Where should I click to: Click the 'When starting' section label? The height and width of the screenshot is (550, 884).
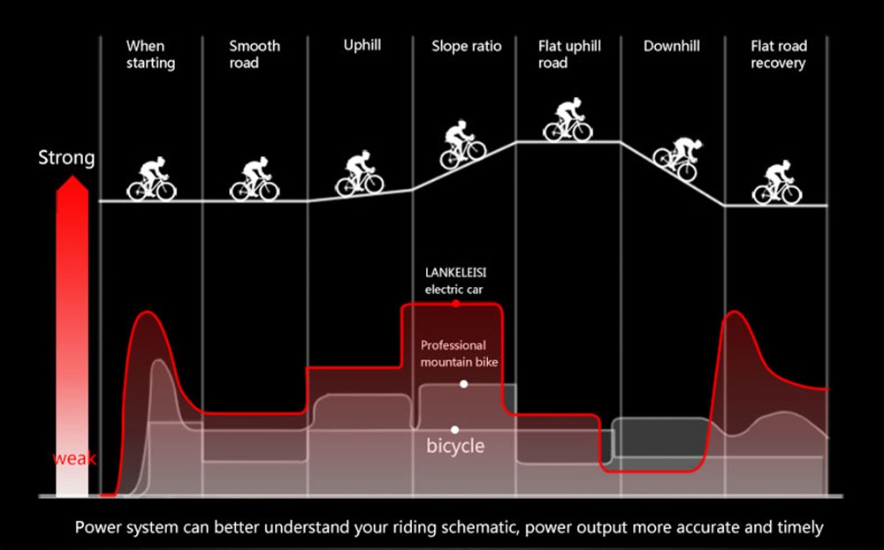click(150, 54)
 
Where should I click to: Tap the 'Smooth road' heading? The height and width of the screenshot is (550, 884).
click(255, 54)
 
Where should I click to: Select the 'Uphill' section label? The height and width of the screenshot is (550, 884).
click(362, 46)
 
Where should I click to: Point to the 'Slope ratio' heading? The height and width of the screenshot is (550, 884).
click(466, 46)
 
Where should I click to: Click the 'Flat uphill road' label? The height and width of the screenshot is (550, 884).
click(569, 54)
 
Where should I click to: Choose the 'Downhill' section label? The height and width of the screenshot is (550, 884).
click(672, 46)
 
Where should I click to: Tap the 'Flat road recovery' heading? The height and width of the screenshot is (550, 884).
click(779, 54)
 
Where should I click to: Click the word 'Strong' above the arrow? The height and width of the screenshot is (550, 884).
click(66, 158)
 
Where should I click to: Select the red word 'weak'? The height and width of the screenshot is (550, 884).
click(74, 459)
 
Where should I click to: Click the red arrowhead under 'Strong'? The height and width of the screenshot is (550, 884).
click(72, 185)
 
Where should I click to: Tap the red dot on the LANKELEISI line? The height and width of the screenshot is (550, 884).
click(455, 304)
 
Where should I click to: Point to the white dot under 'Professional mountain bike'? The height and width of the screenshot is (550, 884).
click(463, 384)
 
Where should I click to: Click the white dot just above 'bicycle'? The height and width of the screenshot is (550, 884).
click(454, 430)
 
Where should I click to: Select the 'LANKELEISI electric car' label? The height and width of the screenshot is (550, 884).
click(455, 281)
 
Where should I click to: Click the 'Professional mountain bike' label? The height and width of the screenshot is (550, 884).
click(459, 353)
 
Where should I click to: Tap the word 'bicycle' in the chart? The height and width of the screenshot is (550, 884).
click(455, 446)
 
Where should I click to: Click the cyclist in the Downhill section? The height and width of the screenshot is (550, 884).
click(678, 158)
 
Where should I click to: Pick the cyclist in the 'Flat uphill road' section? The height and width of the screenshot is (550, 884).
click(568, 120)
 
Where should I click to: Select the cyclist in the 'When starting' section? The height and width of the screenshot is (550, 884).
click(152, 179)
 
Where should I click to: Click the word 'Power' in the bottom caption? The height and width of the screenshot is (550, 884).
click(98, 528)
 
